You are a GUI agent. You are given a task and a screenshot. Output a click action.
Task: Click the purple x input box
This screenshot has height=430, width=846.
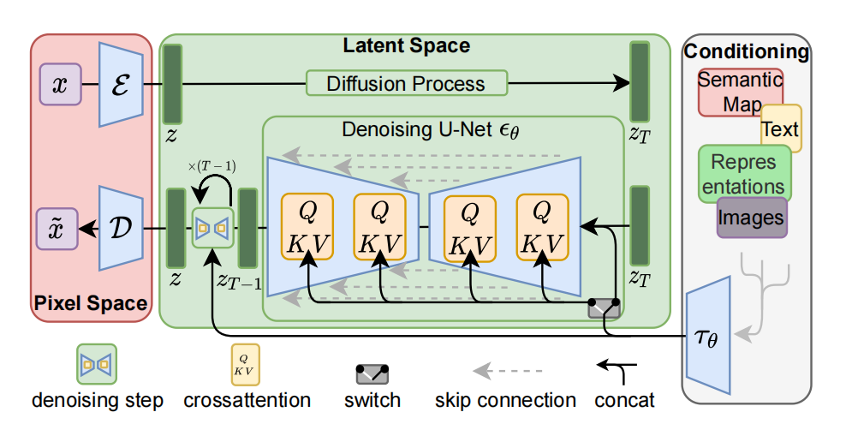point(60,85)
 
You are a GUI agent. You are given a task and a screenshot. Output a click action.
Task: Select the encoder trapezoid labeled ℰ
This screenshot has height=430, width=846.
point(120,85)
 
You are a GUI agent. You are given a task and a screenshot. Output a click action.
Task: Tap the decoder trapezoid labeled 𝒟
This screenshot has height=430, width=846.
point(120,229)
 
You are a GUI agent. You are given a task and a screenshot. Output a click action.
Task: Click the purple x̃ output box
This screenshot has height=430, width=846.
point(60,229)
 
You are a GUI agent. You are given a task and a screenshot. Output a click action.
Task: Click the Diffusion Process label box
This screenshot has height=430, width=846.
point(406,84)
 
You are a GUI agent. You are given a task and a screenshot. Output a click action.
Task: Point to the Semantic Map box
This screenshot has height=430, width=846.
point(728,92)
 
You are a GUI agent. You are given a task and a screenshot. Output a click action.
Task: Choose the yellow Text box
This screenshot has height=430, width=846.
point(781,129)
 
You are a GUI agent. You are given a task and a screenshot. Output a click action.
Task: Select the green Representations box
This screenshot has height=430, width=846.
point(744,173)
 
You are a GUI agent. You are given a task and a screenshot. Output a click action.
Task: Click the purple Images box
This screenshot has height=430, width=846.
point(751,218)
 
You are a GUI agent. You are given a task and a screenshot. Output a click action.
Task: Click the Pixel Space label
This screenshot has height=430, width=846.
point(91,303)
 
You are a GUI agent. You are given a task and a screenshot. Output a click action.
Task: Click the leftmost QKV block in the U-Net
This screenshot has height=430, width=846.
point(306,227)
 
